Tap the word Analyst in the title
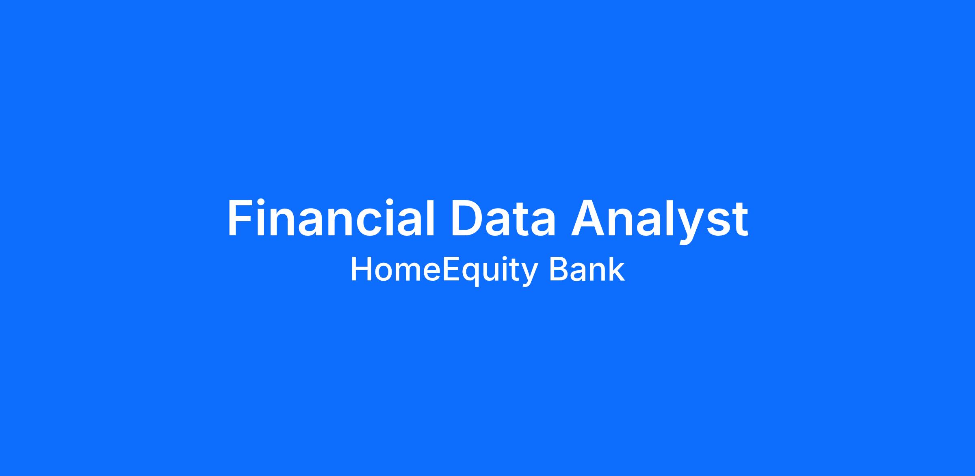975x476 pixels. point(660,222)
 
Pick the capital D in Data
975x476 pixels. point(468,218)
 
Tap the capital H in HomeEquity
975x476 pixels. point(361,269)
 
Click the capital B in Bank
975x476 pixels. point(559,269)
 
